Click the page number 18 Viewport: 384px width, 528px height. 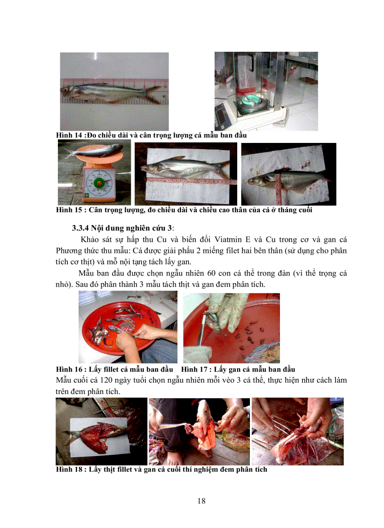click(201, 500)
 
